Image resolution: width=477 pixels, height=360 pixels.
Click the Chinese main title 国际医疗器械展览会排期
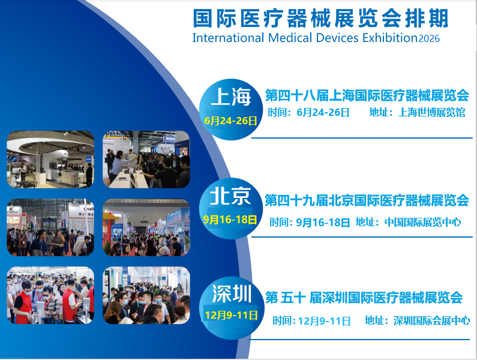[320, 18]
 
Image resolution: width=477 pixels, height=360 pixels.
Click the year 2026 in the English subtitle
[429, 38]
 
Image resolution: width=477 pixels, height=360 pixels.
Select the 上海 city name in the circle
[230, 96]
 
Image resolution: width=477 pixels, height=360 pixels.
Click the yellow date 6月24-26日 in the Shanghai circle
[230, 121]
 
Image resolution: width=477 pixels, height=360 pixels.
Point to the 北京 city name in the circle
[229, 196]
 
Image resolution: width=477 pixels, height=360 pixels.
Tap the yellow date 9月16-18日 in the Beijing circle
[230, 220]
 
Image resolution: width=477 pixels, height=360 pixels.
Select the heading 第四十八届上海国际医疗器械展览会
[367, 95]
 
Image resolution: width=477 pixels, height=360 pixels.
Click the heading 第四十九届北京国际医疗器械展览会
[367, 200]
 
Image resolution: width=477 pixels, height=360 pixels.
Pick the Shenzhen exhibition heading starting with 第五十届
[364, 297]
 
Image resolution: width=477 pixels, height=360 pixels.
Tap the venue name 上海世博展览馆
[431, 112]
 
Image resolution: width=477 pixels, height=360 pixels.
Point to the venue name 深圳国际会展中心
[431, 320]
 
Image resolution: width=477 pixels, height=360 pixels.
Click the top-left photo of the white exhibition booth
[50, 159]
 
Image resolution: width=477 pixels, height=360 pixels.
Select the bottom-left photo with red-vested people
[50, 295]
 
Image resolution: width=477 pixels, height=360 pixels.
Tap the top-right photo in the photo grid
[146, 159]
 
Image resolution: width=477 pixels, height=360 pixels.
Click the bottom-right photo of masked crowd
[146, 295]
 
